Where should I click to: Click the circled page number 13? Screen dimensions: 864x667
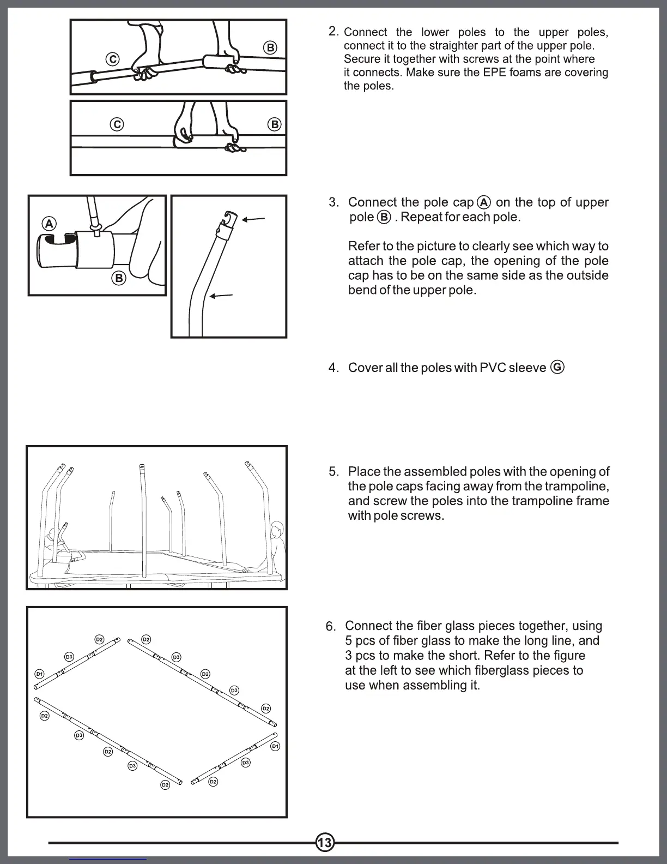pyautogui.click(x=324, y=843)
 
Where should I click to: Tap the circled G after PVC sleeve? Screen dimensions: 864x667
pyautogui.click(x=557, y=367)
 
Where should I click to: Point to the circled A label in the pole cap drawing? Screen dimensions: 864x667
pyautogui.click(x=49, y=224)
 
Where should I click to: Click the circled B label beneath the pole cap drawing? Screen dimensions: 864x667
pyautogui.click(x=118, y=278)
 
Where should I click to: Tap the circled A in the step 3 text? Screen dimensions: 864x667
pyautogui.click(x=484, y=202)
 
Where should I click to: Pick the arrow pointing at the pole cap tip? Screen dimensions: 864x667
pyautogui.click(x=253, y=219)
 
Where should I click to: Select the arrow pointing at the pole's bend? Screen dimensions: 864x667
pyautogui.click(x=221, y=296)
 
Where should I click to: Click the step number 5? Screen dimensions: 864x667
pyautogui.click(x=333, y=472)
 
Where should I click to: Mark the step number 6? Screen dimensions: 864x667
pyautogui.click(x=331, y=626)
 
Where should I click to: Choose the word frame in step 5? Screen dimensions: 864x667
pyautogui.click(x=592, y=501)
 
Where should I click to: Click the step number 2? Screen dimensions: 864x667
pyautogui.click(x=333, y=32)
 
